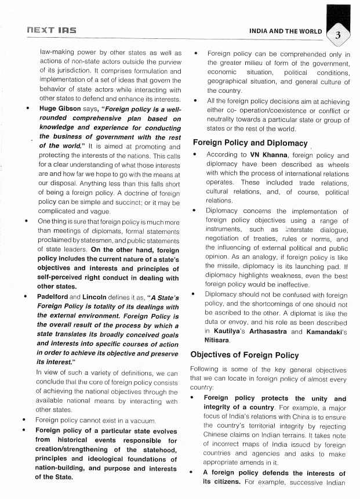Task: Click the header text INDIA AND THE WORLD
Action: [x=286, y=30]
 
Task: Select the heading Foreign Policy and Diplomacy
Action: [x=250, y=142]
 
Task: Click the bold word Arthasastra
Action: [x=260, y=332]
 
